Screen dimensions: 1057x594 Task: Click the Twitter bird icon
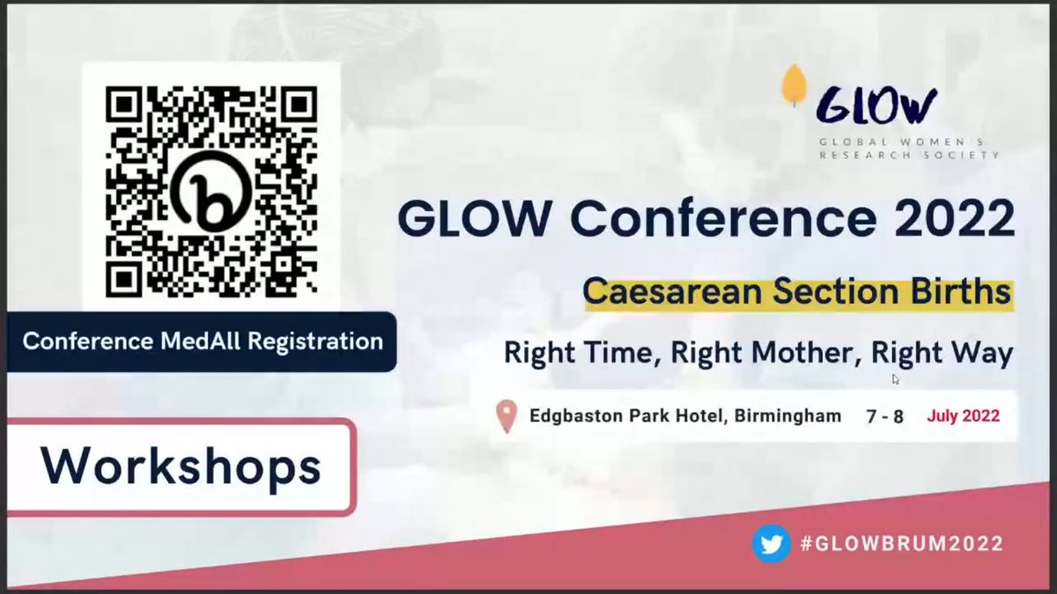point(771,544)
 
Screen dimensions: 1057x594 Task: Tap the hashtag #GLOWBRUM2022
point(902,544)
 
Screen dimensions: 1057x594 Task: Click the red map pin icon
point(506,416)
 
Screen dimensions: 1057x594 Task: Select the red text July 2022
point(963,415)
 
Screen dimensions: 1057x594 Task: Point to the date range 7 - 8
point(884,416)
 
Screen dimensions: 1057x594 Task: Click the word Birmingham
point(787,415)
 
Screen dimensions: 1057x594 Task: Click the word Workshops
point(181,466)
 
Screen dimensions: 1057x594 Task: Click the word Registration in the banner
point(315,341)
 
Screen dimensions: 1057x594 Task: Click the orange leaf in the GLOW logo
point(795,85)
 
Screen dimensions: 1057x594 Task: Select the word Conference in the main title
point(723,218)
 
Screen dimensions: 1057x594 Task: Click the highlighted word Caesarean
point(672,292)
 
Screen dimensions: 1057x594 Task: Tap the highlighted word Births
point(960,291)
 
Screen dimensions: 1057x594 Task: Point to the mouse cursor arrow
point(896,379)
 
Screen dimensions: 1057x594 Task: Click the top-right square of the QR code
point(299,104)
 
